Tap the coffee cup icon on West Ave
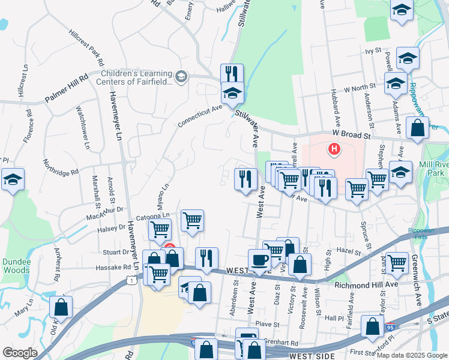[260, 260]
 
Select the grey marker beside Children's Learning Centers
[181, 76]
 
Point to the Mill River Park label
[432, 168]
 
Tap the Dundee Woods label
[16, 265]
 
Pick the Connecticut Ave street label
[200, 116]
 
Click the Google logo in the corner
[20, 353]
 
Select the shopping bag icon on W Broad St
[417, 128]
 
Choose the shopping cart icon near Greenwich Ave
[397, 262]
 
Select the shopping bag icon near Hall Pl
[372, 326]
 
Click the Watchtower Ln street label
[83, 127]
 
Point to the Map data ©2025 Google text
[412, 355]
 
